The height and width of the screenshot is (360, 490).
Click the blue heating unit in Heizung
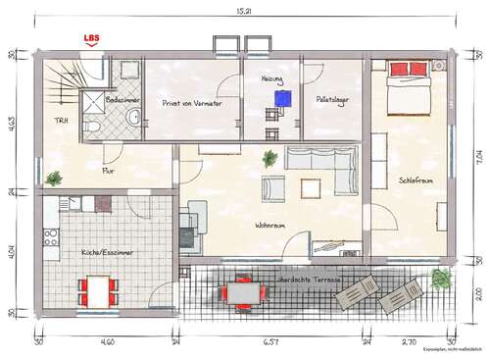coord(284,98)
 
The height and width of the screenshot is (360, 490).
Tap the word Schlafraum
coord(416,180)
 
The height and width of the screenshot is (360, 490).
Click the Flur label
coord(108,170)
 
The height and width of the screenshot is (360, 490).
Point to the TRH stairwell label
coord(61,121)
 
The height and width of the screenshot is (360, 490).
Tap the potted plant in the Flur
coord(54,179)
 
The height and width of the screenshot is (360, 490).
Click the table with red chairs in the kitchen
coord(99,288)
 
